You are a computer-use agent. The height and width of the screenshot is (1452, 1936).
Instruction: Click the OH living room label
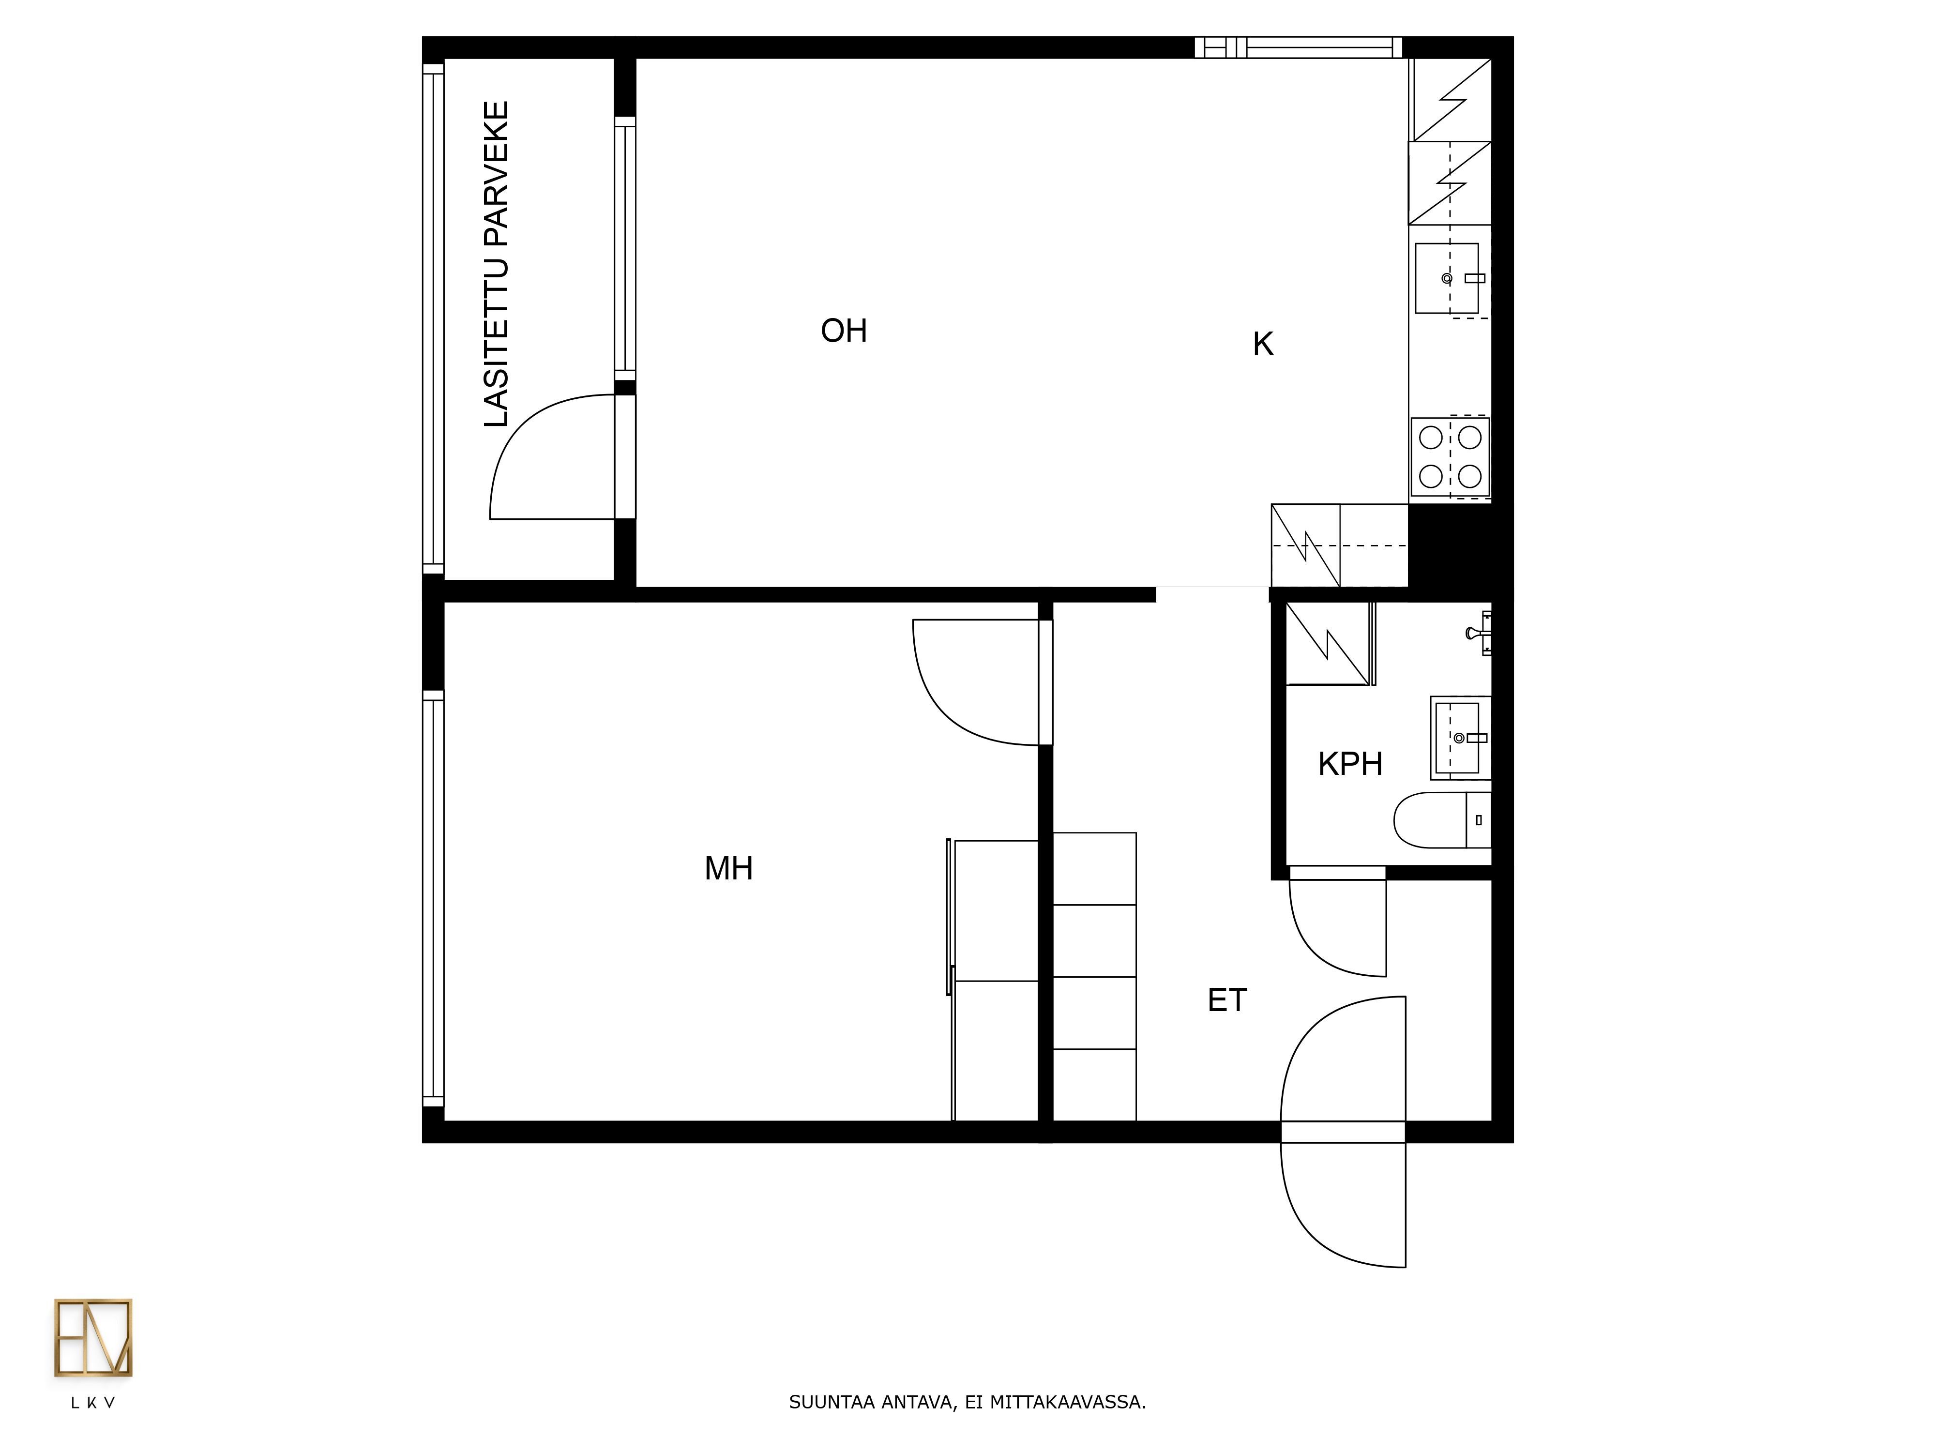point(844,331)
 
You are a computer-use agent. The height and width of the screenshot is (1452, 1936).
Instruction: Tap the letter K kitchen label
point(1262,345)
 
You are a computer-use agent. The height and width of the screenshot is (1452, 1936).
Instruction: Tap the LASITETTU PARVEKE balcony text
point(496,264)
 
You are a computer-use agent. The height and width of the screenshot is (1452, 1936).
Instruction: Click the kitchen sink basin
point(1447,278)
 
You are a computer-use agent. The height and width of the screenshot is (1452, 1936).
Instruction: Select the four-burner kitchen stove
point(1450,457)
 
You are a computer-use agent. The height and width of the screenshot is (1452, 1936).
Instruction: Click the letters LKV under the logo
point(93,1403)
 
